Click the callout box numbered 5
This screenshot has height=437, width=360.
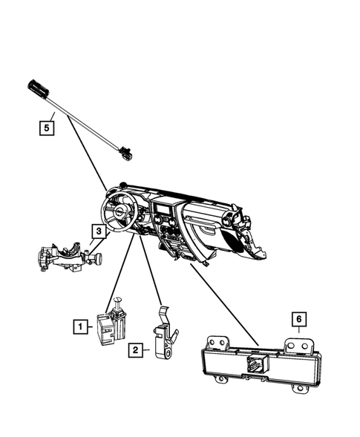point(47,128)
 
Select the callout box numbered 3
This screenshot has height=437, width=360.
point(98,231)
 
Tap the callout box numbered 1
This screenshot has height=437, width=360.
point(79,325)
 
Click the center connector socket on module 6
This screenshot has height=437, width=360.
point(255,365)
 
